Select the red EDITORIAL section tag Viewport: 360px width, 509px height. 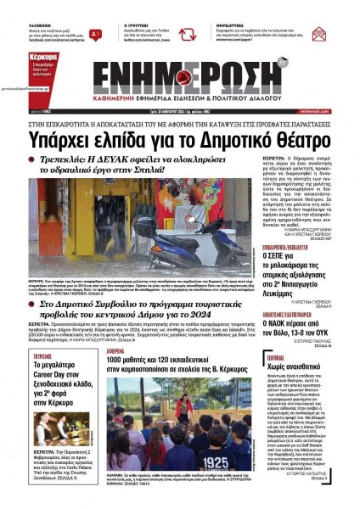[278, 359]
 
